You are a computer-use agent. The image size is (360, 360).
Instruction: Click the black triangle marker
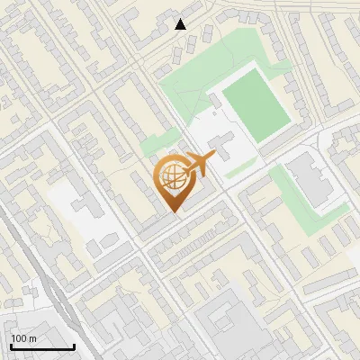click(x=181, y=24)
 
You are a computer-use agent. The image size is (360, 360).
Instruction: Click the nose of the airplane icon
click(x=214, y=156)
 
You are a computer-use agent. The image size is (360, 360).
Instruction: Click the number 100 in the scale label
click(x=19, y=338)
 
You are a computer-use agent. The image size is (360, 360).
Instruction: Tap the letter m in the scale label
click(x=31, y=338)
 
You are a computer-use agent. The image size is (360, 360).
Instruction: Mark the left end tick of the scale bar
click(x=10, y=346)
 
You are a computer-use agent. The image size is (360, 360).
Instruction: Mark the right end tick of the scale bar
click(x=74, y=346)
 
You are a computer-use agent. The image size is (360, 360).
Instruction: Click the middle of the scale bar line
click(x=41, y=347)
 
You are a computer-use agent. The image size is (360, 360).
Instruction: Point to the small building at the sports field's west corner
click(x=216, y=100)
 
